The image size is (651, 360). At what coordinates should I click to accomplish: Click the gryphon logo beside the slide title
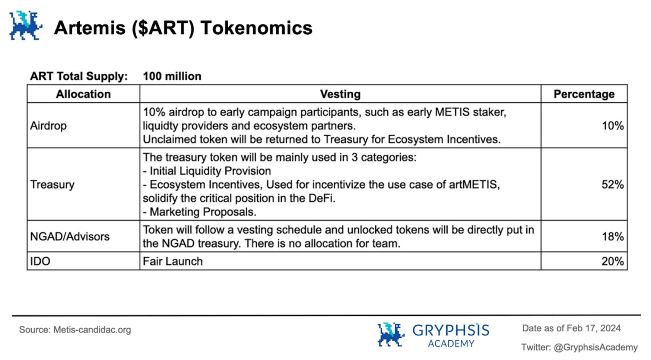point(25,26)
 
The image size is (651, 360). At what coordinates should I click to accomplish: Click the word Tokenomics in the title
point(256,28)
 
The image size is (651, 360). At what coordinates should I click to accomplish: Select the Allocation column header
point(83,94)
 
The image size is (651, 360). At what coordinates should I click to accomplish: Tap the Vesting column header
point(340,94)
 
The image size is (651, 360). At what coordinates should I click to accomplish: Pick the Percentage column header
point(584,94)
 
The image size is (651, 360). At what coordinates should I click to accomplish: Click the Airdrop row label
point(48,126)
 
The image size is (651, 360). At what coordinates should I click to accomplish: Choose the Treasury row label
point(52,185)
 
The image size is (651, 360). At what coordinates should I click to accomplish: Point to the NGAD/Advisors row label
point(70,236)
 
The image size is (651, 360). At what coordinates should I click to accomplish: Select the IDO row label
point(40,261)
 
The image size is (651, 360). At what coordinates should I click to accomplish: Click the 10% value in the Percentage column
point(612,126)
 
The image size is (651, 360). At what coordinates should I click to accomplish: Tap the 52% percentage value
point(612,185)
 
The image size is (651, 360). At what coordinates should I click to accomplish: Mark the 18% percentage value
point(612,236)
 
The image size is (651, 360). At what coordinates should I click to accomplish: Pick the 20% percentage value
point(612,261)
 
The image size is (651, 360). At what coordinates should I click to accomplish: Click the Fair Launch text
point(173,261)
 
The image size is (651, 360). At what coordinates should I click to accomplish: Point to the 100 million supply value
point(172,76)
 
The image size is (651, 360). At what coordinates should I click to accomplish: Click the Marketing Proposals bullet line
point(200,212)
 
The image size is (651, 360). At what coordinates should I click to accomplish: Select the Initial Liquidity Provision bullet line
point(207,171)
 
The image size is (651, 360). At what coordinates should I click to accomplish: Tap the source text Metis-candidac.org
point(92,330)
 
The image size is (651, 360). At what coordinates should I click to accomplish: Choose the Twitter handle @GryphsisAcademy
point(596,347)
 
